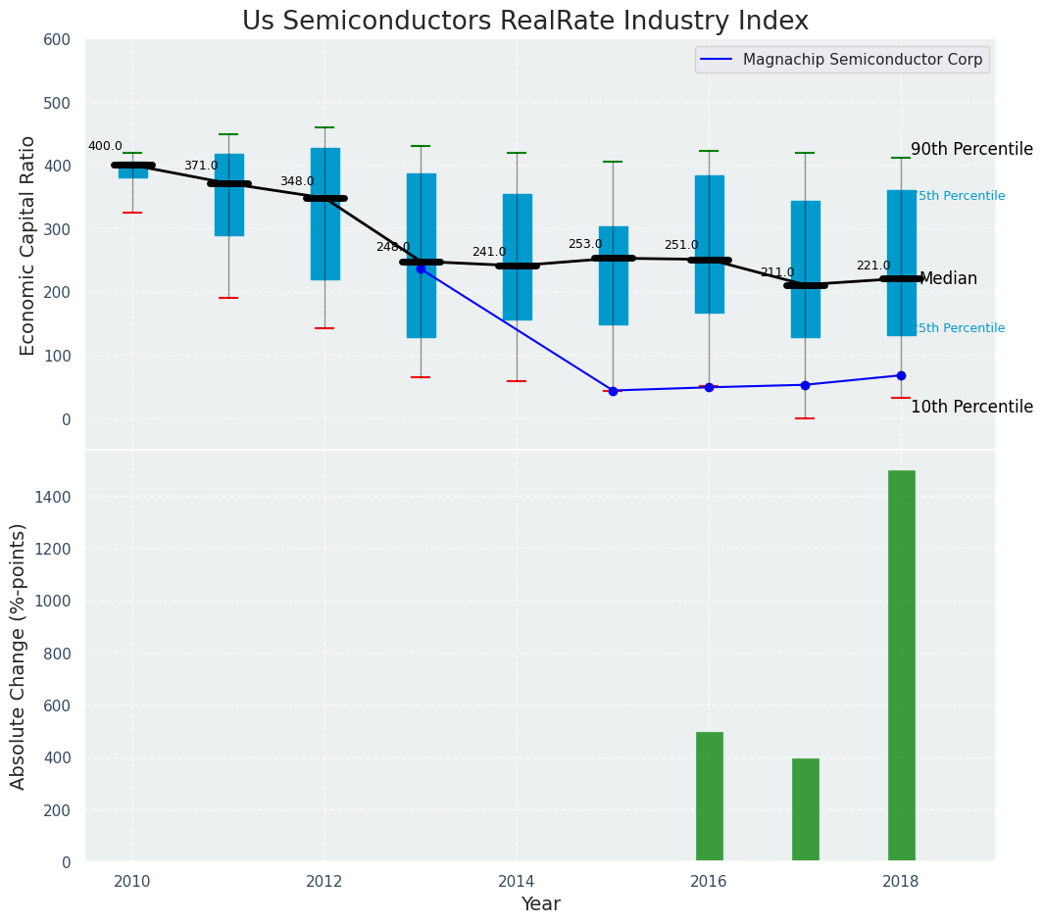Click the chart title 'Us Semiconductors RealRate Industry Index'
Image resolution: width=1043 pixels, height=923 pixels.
[524, 22]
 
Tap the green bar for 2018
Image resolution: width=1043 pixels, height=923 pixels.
[901, 665]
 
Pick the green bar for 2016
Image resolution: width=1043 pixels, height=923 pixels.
[709, 797]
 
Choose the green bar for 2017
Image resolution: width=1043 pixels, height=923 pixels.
[805, 809]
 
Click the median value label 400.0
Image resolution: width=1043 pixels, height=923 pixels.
[105, 147]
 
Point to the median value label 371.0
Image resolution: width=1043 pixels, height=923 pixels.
[201, 167]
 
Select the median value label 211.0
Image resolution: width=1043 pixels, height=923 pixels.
[777, 273]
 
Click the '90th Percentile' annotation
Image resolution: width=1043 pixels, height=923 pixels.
[971, 150]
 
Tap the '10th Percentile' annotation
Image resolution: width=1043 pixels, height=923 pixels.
[971, 408]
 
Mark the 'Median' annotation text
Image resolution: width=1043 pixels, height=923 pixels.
[948, 279]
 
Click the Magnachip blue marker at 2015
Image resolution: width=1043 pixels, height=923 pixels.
[613, 391]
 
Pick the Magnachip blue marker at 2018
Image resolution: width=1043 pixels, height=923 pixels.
[901, 375]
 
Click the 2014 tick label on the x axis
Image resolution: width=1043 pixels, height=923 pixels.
[517, 882]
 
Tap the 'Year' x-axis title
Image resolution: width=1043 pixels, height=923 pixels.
[540, 904]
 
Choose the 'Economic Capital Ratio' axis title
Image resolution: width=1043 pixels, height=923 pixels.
[28, 245]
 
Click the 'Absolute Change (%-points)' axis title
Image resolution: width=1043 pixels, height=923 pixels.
[19, 656]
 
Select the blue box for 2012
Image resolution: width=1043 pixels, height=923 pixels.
[324, 214]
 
